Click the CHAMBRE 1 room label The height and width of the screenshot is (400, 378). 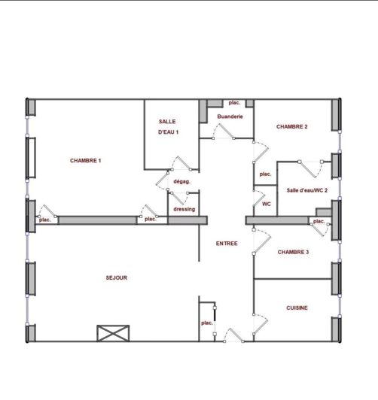86,160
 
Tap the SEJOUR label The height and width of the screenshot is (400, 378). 117,277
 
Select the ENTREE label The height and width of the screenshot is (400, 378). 227,244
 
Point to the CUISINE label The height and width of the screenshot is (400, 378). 297,308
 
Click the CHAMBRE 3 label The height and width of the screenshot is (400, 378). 293,252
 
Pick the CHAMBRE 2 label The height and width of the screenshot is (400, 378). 292,126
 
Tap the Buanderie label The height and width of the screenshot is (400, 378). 230,117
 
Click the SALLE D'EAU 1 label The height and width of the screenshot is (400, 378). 168,127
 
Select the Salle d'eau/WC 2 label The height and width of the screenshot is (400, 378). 307,190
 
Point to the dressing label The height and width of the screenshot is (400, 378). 184,209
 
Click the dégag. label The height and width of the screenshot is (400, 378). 181,182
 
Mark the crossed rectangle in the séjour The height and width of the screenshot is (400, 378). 113,333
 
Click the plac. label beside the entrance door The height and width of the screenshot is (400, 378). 207,323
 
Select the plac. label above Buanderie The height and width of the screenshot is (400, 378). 234,102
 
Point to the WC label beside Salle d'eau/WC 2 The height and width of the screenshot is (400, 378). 267,204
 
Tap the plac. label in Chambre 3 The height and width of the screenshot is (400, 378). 319,221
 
